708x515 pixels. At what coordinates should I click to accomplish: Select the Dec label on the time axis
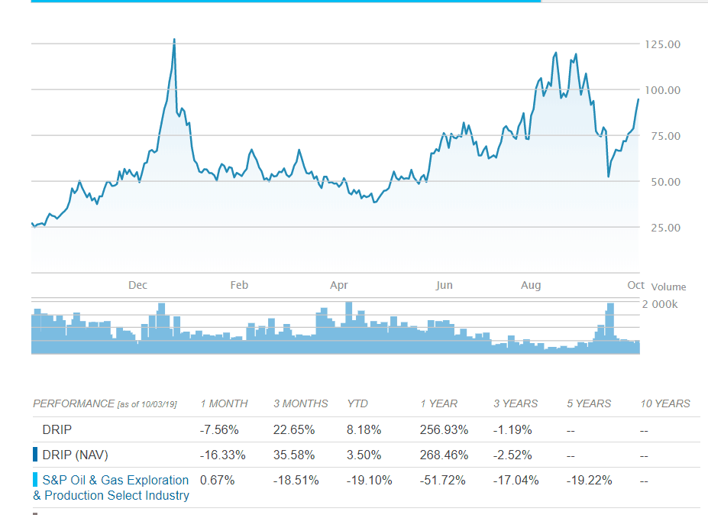coord(137,285)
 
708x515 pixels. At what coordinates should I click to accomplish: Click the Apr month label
coord(338,285)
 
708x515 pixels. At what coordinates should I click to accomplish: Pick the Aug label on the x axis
coord(531,285)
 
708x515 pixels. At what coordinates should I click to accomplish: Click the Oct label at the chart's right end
coord(636,284)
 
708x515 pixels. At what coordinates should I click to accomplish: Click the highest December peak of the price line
coord(174,40)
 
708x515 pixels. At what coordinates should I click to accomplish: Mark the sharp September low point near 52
coord(608,177)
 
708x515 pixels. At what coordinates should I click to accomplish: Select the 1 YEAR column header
coord(438,403)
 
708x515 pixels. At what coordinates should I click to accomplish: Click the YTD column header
coord(357,403)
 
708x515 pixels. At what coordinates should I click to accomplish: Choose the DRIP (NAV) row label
coord(75,455)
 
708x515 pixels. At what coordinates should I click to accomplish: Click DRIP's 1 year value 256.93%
coord(444,429)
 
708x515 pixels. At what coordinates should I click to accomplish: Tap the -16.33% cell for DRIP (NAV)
coord(222,455)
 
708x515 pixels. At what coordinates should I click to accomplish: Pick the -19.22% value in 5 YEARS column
coord(589,481)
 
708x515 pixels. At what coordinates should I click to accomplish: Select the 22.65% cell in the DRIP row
coord(294,429)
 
